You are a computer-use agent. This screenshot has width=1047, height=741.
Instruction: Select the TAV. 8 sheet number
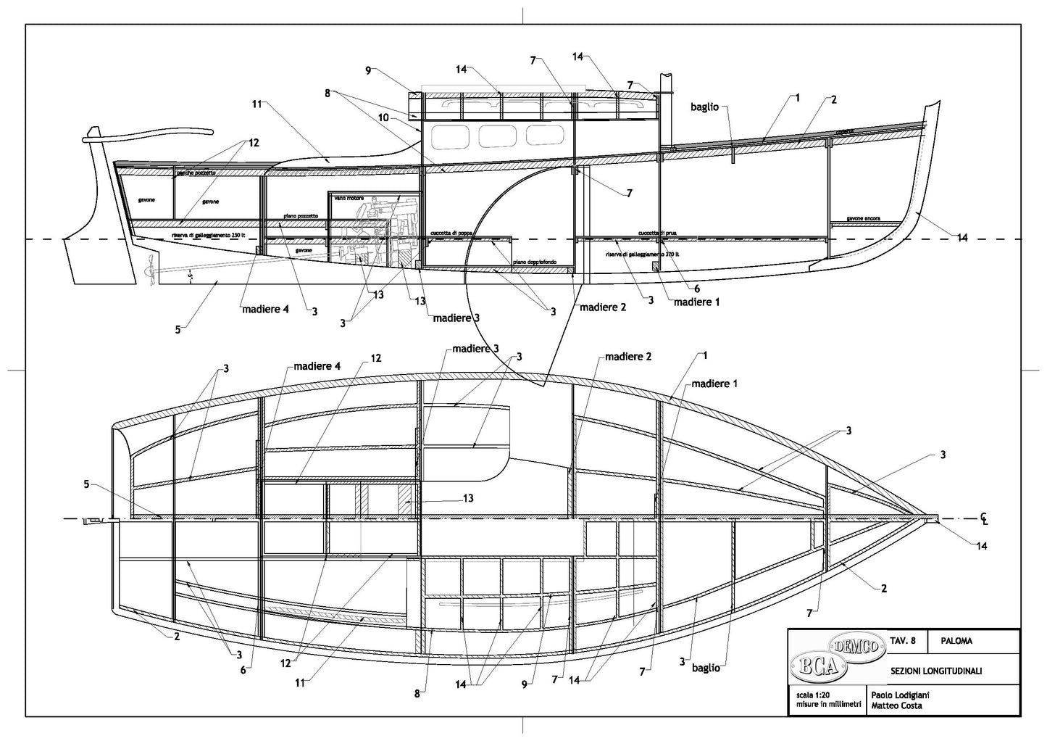(902, 641)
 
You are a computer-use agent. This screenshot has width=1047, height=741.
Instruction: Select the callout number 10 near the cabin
(383, 117)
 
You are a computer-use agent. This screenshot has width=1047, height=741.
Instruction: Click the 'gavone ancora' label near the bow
(862, 218)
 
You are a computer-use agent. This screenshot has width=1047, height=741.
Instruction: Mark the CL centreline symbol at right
(984, 518)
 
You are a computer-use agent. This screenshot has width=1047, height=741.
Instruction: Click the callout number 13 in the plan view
(468, 498)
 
